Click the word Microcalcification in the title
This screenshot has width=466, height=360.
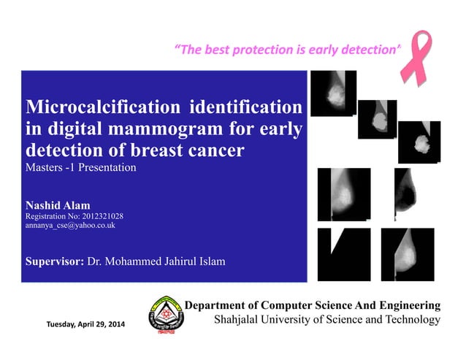pyautogui.click(x=102, y=108)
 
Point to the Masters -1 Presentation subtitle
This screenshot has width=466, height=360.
pyautogui.click(x=81, y=167)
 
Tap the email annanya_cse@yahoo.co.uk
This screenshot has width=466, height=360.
pyautogui.click(x=70, y=226)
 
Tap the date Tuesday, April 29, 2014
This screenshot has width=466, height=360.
pyautogui.click(x=85, y=323)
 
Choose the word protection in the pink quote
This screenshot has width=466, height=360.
pyautogui.click(x=262, y=50)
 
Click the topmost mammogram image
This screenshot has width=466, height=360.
pyautogui.click(x=333, y=93)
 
